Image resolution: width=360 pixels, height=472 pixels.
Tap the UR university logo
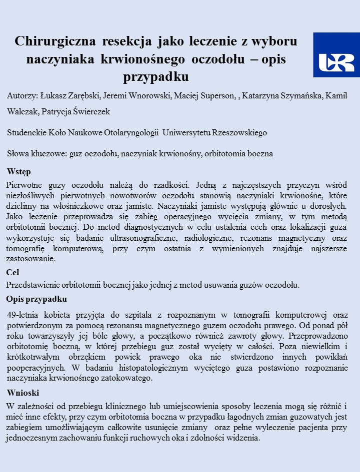tap(336, 55)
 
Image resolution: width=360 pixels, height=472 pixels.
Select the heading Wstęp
tap(19, 172)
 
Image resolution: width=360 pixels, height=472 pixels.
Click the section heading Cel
tap(12, 273)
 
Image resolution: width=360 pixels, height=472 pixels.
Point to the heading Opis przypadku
tap(36, 299)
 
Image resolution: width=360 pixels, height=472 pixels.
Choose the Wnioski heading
tap(23, 392)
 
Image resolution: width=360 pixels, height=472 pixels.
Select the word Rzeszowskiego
tap(239, 133)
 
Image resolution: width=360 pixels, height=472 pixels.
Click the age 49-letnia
tap(25, 315)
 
